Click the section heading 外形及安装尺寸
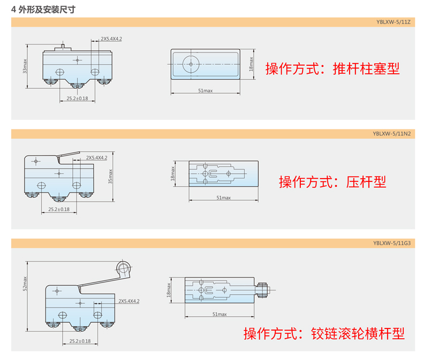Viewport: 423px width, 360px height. (x=47, y=10)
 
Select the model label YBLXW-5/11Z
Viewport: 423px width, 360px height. (x=394, y=22)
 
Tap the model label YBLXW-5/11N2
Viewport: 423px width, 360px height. (x=392, y=134)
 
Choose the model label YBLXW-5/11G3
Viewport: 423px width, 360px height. (x=392, y=243)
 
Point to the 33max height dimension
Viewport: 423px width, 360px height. (x=25, y=66)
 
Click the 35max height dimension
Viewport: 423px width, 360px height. (x=110, y=177)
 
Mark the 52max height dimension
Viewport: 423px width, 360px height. (x=25, y=284)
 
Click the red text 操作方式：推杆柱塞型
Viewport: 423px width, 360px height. (x=333, y=68)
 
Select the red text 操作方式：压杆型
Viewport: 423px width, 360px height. (x=333, y=182)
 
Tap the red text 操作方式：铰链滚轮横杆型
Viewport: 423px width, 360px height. (x=324, y=334)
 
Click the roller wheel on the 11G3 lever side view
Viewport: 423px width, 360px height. (x=124, y=269)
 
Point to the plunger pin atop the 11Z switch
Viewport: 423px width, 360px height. (x=63, y=47)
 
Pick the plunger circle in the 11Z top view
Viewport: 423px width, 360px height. (x=191, y=64)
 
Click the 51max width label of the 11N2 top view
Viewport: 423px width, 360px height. (x=224, y=197)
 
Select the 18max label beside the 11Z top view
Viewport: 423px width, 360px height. (x=251, y=64)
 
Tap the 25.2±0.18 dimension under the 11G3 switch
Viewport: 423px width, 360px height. (x=80, y=341)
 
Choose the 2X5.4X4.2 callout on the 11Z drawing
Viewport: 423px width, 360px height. (x=111, y=39)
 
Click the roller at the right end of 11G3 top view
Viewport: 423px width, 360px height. (x=262, y=290)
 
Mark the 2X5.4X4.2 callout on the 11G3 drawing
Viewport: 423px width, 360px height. (x=129, y=301)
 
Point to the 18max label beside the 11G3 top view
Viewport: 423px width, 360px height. (x=169, y=290)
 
